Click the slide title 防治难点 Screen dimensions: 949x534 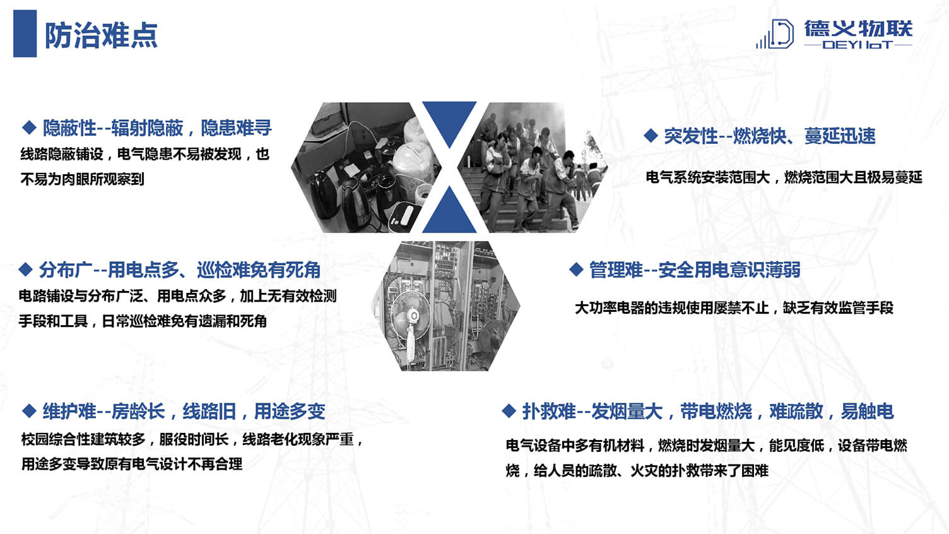(x=101, y=35)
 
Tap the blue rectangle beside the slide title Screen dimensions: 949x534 (x=25, y=33)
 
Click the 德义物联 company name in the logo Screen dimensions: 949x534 (x=858, y=29)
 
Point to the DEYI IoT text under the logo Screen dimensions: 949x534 (x=858, y=44)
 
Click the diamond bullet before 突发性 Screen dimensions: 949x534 (x=651, y=136)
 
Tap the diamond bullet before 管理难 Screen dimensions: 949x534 (x=576, y=269)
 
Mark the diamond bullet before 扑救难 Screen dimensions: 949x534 (x=509, y=410)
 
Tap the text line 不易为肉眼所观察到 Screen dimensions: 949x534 (x=83, y=179)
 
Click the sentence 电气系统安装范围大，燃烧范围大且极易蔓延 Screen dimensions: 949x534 (x=784, y=177)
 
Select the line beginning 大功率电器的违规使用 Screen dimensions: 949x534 (x=734, y=307)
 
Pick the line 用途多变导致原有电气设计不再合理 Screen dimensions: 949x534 (x=132, y=464)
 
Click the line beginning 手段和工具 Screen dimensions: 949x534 (x=143, y=321)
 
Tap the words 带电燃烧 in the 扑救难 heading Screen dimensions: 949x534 (x=716, y=411)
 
